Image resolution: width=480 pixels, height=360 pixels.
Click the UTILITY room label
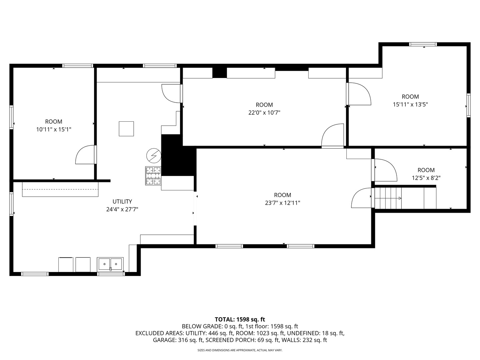pos(122,201)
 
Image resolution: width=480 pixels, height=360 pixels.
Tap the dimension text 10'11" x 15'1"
pos(54,130)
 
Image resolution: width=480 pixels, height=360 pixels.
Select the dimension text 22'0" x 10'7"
pos(264,113)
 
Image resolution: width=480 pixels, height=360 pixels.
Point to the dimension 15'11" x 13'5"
pos(410,104)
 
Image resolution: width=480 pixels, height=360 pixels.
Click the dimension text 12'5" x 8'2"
pos(426,178)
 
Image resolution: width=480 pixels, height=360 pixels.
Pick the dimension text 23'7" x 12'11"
pos(283,203)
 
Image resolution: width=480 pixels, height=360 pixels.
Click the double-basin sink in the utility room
pos(110,264)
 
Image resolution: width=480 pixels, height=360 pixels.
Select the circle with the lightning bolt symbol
pos(154,156)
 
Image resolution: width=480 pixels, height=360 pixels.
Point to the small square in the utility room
pos(126,129)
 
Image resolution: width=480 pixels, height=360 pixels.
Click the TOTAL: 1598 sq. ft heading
pos(240,320)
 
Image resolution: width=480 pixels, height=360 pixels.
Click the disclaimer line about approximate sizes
pos(240,350)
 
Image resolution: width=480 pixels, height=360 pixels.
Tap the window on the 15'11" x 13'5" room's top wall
pos(423,44)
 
